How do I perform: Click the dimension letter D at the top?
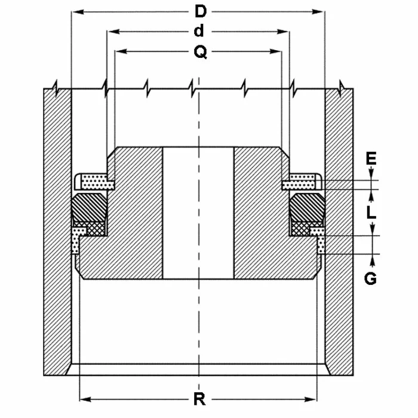pyautogui.click(x=201, y=11)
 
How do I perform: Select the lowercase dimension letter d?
pyautogui.click(x=199, y=31)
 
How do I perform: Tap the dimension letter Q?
pyautogui.click(x=201, y=53)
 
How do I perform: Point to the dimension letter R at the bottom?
pyautogui.click(x=197, y=399)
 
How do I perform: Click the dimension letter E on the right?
pyautogui.click(x=371, y=158)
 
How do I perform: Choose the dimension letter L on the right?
pyautogui.click(x=371, y=212)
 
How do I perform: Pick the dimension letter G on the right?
pyautogui.click(x=371, y=278)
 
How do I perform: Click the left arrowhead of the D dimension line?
pyautogui.click(x=75, y=11)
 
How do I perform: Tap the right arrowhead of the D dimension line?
pyautogui.click(x=321, y=11)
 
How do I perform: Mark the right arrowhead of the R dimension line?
pyautogui.click(x=311, y=398)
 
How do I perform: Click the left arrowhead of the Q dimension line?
pyautogui.click(x=119, y=53)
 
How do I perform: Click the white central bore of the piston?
pyautogui.click(x=198, y=213)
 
